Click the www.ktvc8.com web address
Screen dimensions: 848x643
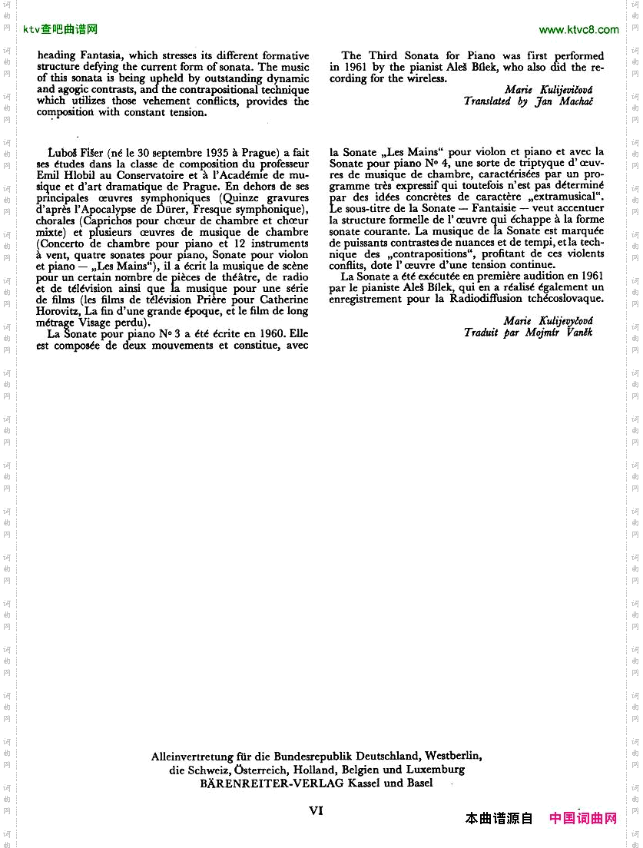click(x=578, y=30)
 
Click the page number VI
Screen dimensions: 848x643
click(x=317, y=810)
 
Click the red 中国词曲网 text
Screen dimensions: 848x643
click(x=583, y=818)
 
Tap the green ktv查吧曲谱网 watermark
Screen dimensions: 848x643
click(x=61, y=30)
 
